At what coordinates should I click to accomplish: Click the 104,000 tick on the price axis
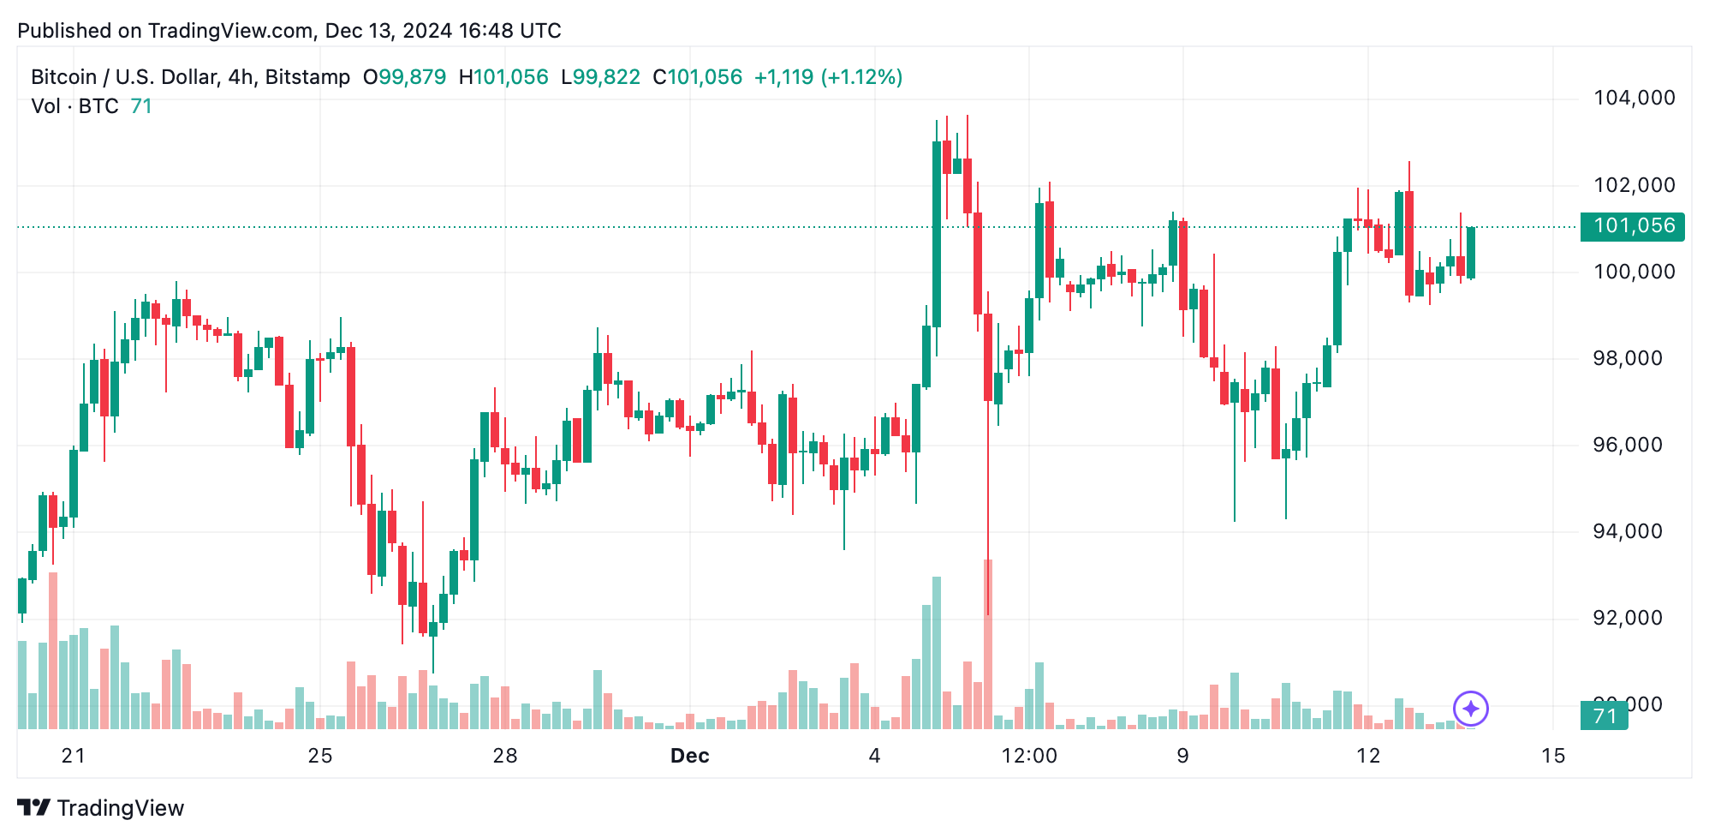(x=1634, y=98)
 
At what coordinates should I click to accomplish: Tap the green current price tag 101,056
(x=1633, y=226)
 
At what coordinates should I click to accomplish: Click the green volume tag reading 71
(x=1604, y=715)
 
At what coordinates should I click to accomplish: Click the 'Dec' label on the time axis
(x=689, y=756)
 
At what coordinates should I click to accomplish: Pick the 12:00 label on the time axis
(x=1029, y=756)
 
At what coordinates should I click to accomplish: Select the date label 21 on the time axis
(x=74, y=756)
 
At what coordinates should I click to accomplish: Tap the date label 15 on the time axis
(x=1552, y=756)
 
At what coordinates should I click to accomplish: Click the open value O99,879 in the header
(x=404, y=77)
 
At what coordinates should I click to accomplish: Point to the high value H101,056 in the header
(x=503, y=77)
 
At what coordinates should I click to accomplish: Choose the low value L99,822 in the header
(x=600, y=77)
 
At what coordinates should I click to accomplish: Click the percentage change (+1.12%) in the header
(x=861, y=77)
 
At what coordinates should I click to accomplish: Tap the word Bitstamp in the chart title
(x=307, y=77)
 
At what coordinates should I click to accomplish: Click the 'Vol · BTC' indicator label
(x=74, y=106)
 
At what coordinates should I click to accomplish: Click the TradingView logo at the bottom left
(x=100, y=808)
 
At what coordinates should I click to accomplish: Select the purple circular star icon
(x=1471, y=709)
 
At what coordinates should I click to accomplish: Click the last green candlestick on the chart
(x=1471, y=253)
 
